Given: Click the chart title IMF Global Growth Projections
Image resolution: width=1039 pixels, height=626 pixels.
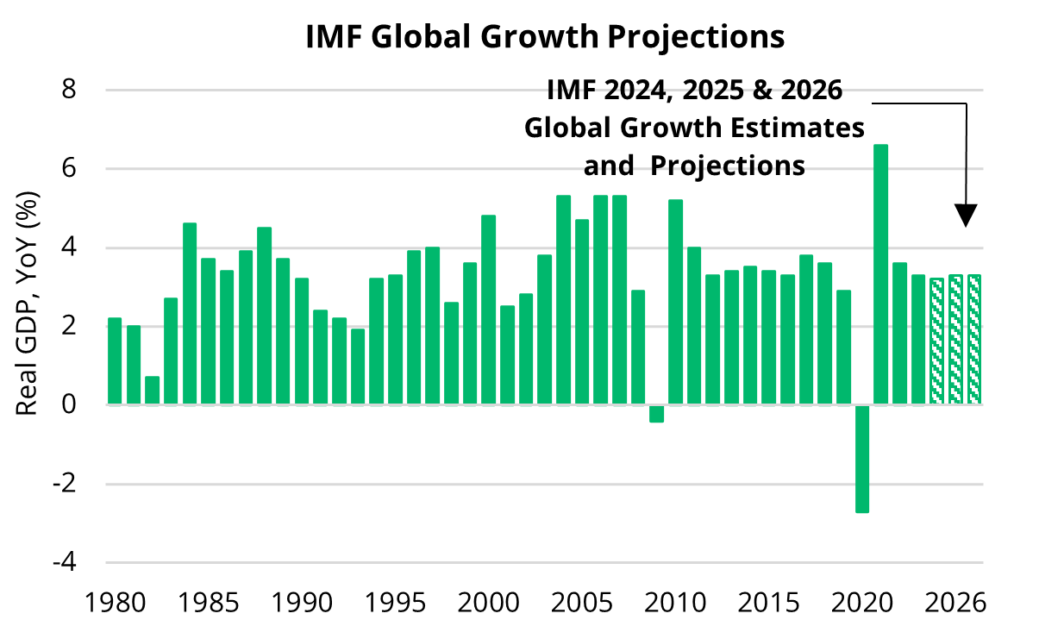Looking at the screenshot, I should [545, 37].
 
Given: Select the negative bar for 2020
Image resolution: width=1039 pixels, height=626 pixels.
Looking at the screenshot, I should [862, 458].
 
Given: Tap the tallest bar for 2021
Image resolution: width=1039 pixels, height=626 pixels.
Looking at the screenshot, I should [880, 274].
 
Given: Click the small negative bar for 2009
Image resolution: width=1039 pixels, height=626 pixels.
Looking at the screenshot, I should [656, 413].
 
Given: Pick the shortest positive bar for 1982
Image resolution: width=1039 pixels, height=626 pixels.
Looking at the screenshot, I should [152, 391].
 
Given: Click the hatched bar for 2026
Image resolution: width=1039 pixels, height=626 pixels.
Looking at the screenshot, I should [974, 339].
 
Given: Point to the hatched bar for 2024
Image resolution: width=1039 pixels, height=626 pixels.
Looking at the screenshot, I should [936, 341].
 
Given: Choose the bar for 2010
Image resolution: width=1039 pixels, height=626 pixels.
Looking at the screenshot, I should [675, 302].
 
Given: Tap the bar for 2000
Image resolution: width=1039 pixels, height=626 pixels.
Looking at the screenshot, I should [488, 310].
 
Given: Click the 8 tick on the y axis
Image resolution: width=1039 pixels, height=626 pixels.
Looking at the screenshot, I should [91, 90].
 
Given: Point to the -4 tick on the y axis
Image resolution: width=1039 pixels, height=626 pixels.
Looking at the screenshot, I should [86, 562].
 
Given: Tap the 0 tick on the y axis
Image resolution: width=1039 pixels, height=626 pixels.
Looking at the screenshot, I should [91, 404].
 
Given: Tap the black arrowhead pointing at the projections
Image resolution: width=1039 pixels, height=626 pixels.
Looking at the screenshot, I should [966, 216].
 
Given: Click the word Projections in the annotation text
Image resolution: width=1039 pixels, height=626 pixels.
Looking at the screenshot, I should [727, 165].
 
